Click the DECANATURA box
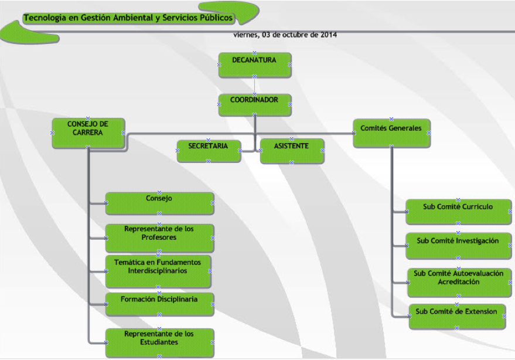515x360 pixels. [x=254, y=64]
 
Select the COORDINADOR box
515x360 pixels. [x=254, y=104]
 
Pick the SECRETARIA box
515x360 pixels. [x=208, y=150]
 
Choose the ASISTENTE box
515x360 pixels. [x=291, y=151]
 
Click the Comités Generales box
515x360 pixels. [x=391, y=133]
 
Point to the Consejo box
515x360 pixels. [x=159, y=203]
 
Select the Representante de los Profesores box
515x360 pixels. [x=159, y=237]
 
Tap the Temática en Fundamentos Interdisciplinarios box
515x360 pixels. [x=158, y=271]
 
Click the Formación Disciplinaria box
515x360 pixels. [x=159, y=303]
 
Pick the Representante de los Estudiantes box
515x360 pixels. [x=159, y=342]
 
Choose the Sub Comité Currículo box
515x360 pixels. [x=458, y=212]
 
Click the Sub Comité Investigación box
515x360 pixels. [x=458, y=246]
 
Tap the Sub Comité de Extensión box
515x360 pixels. [x=456, y=315]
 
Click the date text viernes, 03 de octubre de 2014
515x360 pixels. [x=285, y=35]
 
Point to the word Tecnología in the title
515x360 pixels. [x=44, y=18]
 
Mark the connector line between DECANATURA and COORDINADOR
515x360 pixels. [x=254, y=86]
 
